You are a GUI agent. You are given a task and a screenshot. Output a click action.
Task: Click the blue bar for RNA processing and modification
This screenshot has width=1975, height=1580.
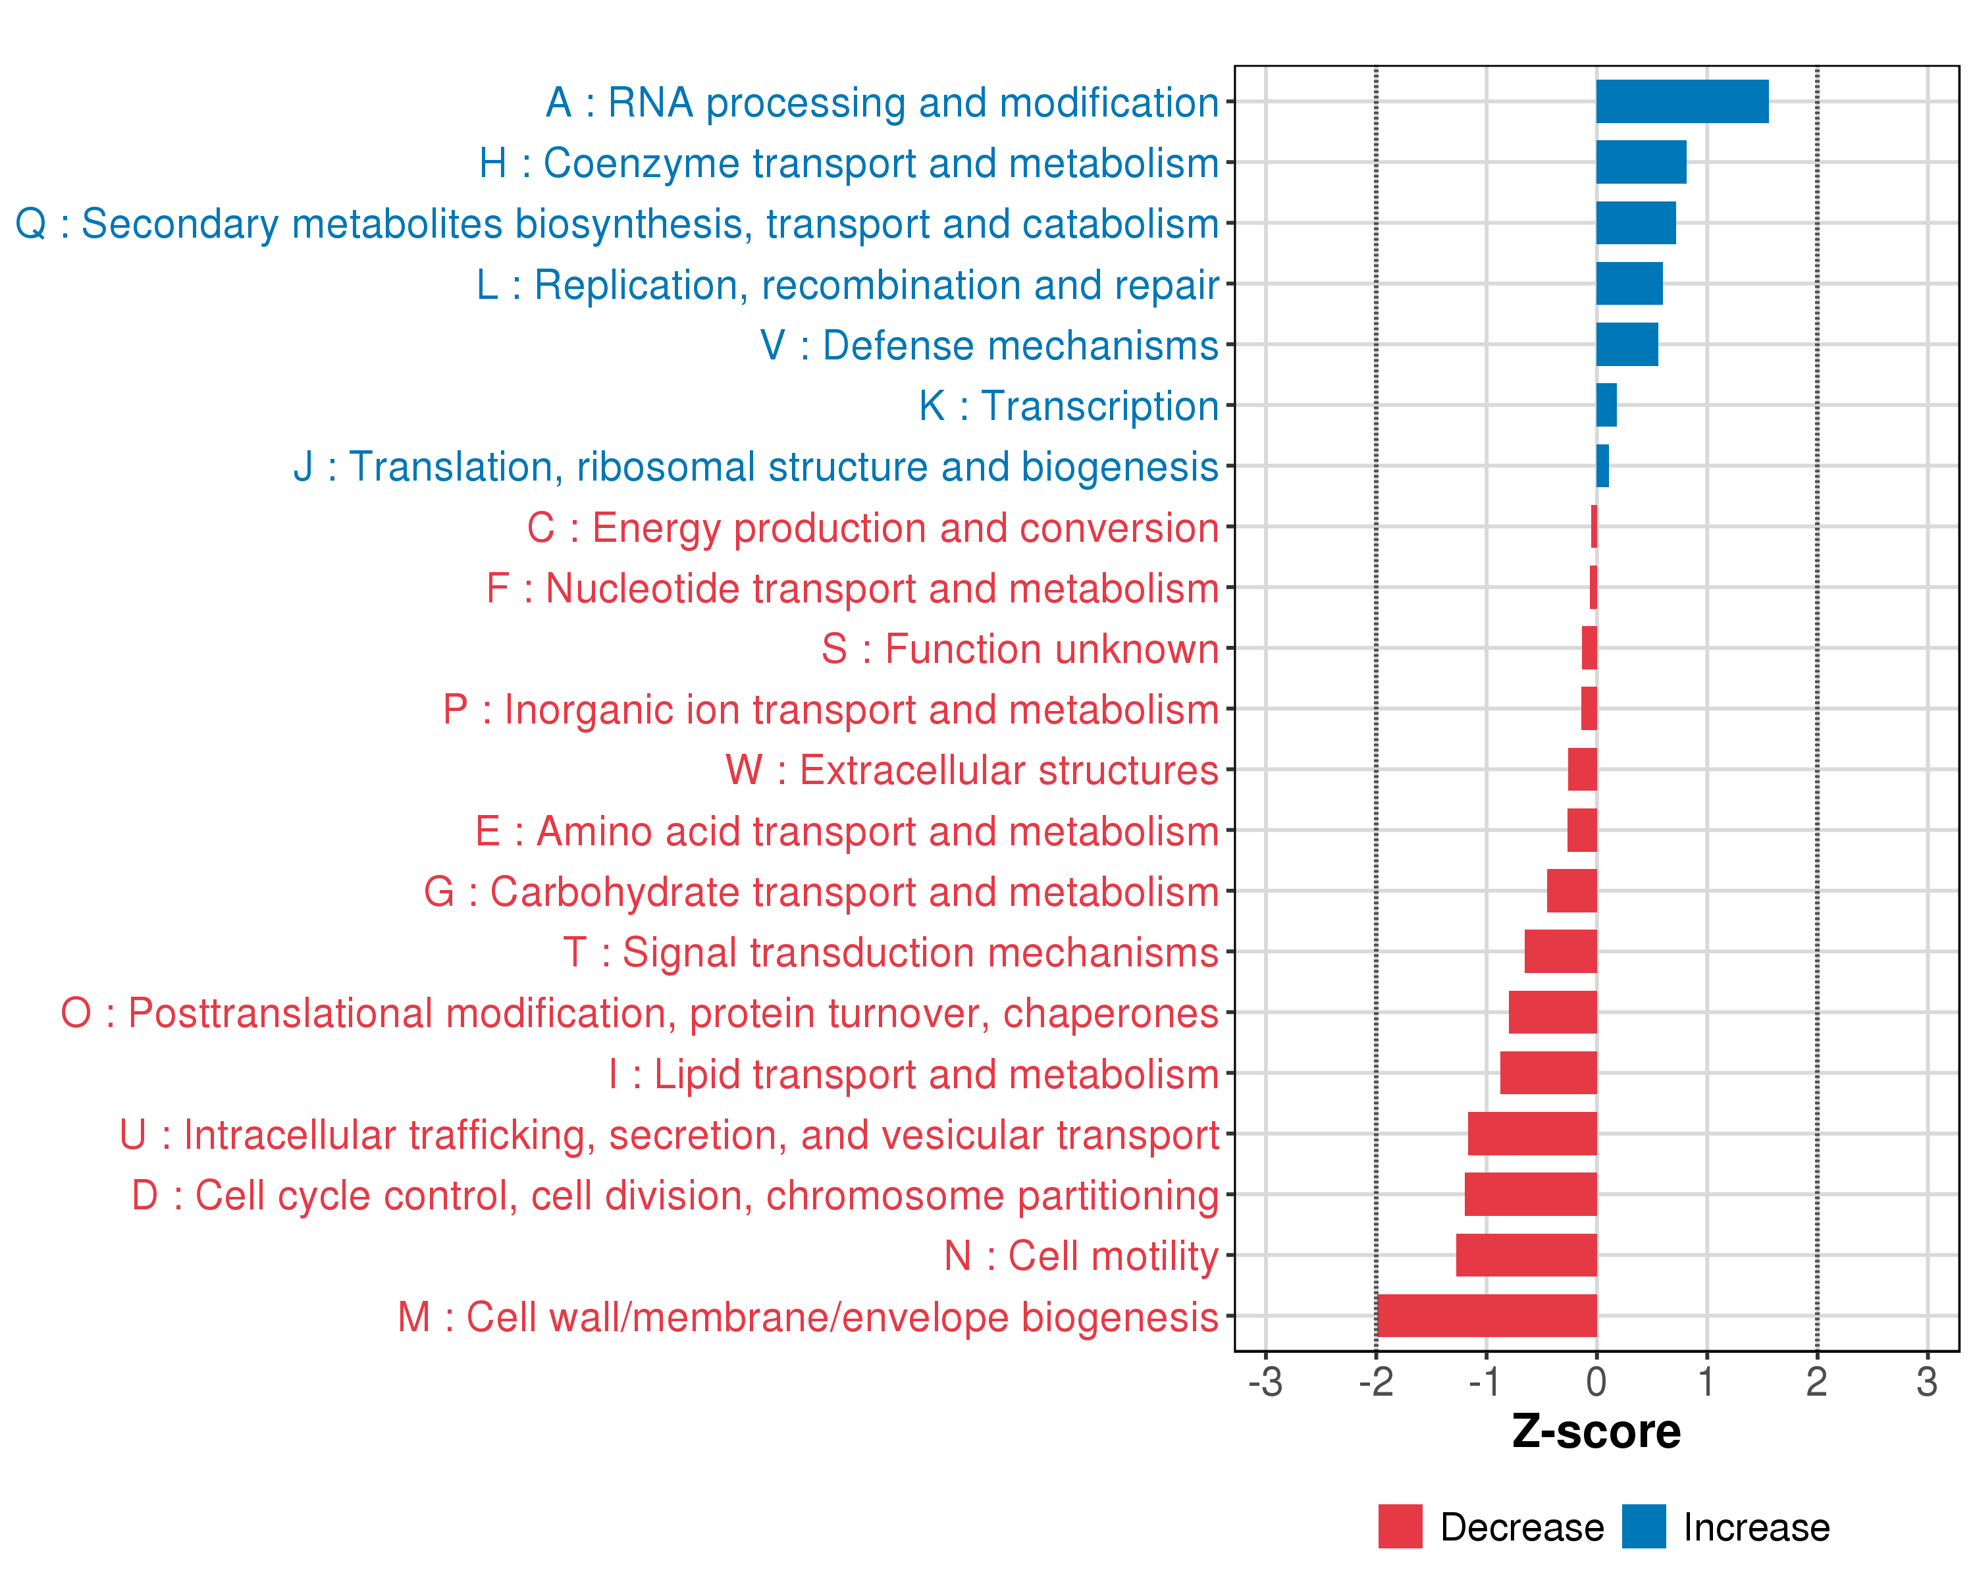(1682, 101)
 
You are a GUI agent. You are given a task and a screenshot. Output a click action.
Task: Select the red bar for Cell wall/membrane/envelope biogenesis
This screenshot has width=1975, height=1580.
(1486, 1315)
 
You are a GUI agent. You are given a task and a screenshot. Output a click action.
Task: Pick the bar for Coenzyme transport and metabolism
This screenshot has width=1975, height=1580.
(1641, 162)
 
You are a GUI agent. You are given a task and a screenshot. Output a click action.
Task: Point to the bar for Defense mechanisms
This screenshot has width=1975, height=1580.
(1627, 344)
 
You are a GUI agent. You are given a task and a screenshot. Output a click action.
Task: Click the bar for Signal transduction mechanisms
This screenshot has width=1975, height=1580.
(1560, 952)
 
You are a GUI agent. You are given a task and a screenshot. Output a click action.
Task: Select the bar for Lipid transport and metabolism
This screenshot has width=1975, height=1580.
(1548, 1072)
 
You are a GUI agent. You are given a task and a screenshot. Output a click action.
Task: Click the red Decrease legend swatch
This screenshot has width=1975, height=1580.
(1400, 1526)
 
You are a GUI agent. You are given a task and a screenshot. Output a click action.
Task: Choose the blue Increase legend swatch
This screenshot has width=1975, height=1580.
(1643, 1526)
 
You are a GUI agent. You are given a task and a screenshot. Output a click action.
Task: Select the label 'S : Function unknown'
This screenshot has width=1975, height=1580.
(1020, 648)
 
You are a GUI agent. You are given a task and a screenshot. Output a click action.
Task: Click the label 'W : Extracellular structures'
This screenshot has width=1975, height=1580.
(972, 770)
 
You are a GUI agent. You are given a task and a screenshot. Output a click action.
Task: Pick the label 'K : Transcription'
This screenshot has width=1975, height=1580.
(1068, 406)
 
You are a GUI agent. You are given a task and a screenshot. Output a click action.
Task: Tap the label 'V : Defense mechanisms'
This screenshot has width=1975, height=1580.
(989, 346)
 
